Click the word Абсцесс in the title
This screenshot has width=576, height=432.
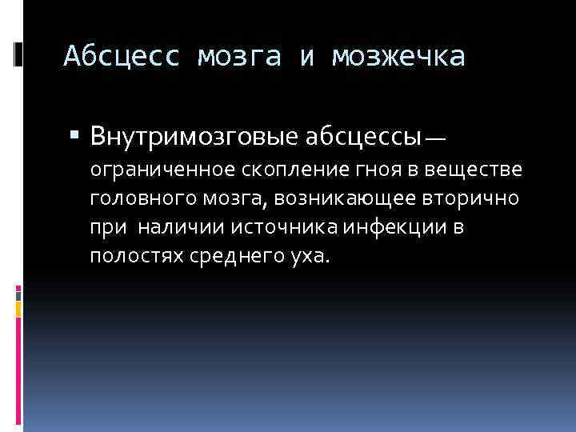(119, 57)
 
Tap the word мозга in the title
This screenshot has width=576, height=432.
(241, 57)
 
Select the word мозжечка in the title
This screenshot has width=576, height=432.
(398, 57)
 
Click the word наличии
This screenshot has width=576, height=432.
(181, 227)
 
